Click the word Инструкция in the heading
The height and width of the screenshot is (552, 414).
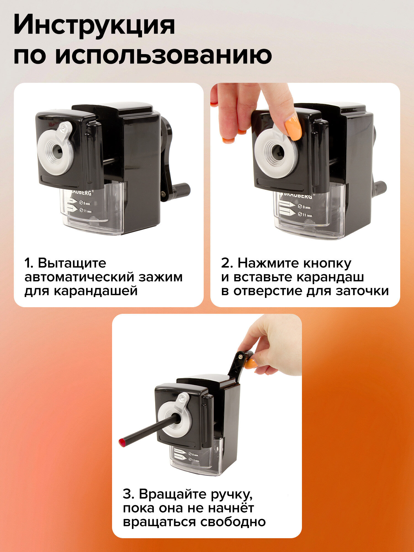94,25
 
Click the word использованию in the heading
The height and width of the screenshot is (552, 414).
163,55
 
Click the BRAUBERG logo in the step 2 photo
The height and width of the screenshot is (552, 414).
296,196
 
